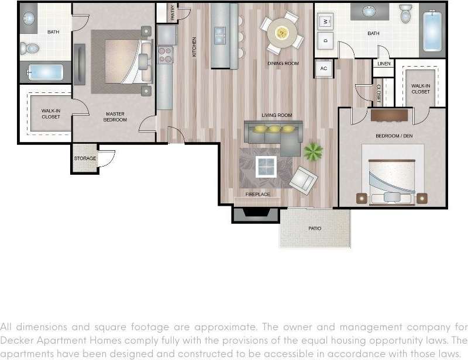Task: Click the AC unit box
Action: [324, 68]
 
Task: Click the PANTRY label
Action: [173, 13]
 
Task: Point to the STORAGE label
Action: [85, 158]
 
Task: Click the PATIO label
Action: [315, 228]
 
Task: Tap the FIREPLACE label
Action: [258, 193]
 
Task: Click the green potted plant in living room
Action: [313, 152]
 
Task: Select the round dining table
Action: [283, 32]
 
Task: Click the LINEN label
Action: [384, 64]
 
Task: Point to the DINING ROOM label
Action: [283, 63]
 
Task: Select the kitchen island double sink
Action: [221, 36]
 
